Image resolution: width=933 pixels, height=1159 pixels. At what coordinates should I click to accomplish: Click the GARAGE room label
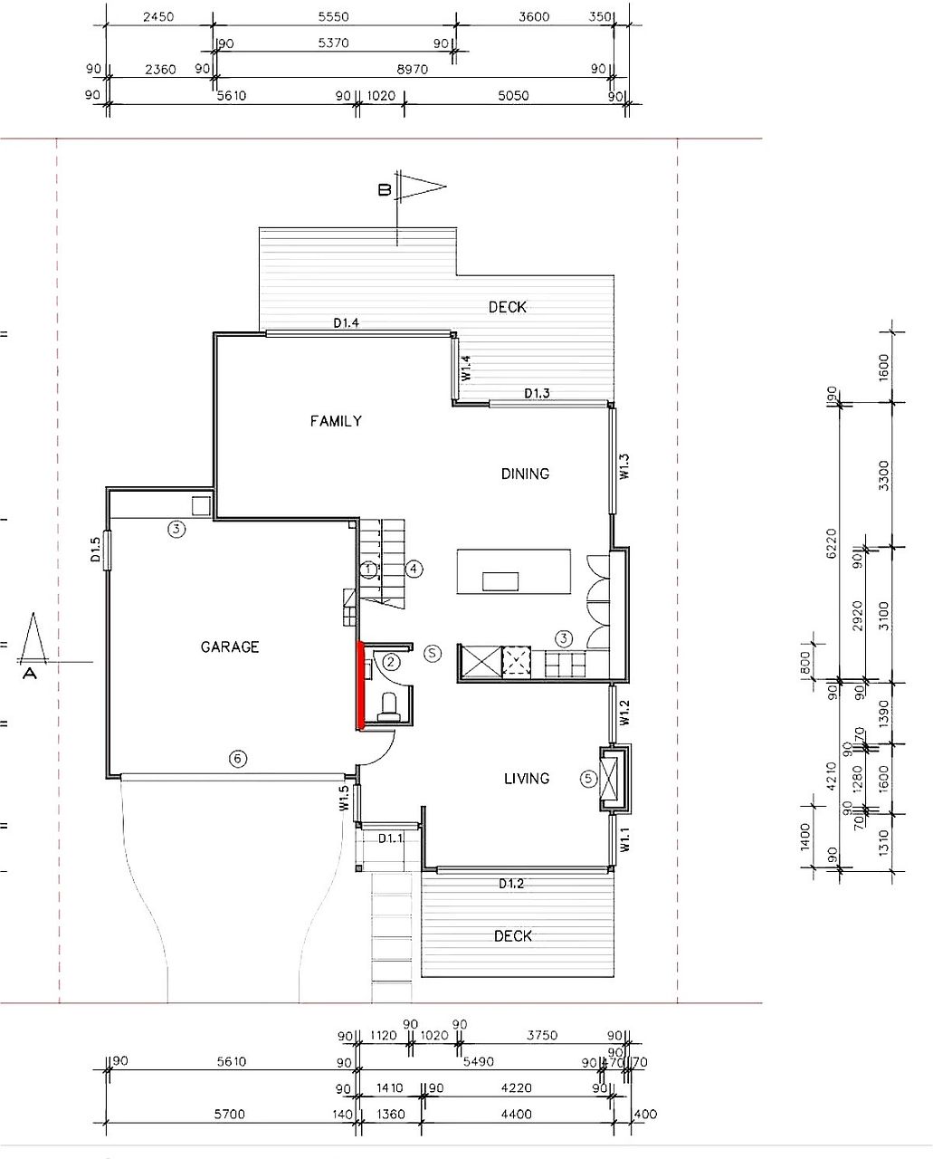pyautogui.click(x=230, y=647)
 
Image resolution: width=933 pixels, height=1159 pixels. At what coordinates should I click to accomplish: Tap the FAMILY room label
pyautogui.click(x=336, y=421)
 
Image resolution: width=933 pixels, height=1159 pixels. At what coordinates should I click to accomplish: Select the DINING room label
pyautogui.click(x=525, y=474)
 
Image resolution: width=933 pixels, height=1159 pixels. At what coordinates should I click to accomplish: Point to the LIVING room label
pyautogui.click(x=527, y=779)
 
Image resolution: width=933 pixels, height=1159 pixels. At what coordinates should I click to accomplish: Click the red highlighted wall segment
pyautogui.click(x=361, y=685)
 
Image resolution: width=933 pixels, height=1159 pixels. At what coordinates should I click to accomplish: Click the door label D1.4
pyautogui.click(x=346, y=322)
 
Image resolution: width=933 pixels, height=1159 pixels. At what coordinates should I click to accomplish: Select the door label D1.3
pyautogui.click(x=537, y=394)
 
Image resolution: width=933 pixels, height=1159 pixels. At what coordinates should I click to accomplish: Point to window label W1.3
pyautogui.click(x=624, y=466)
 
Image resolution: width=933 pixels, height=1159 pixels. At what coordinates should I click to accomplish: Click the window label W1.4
pyautogui.click(x=466, y=368)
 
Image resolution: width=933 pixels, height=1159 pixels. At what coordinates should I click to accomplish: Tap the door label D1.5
pyautogui.click(x=95, y=550)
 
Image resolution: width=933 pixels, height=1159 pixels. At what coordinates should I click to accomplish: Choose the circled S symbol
pyautogui.click(x=433, y=653)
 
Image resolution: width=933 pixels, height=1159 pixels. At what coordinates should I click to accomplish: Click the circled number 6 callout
pyautogui.click(x=238, y=759)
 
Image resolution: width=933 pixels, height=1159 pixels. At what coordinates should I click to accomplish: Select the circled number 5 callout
pyautogui.click(x=588, y=778)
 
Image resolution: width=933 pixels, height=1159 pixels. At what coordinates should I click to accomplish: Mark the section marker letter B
pyautogui.click(x=385, y=189)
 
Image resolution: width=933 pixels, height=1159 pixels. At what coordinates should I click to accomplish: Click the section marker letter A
pyautogui.click(x=30, y=673)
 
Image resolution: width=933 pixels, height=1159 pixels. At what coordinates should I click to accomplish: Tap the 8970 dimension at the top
pyautogui.click(x=412, y=70)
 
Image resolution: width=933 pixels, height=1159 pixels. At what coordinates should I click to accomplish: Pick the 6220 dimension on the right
pyautogui.click(x=832, y=544)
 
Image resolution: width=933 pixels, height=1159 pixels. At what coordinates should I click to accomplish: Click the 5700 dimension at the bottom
pyautogui.click(x=229, y=1114)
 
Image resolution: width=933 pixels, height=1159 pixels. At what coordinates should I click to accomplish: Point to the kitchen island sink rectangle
pyautogui.click(x=500, y=581)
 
